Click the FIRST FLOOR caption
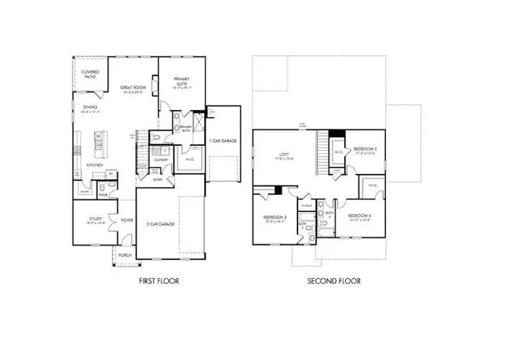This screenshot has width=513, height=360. [x=159, y=281]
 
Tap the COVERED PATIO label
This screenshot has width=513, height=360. [x=90, y=74]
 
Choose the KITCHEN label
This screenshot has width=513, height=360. [x=95, y=165]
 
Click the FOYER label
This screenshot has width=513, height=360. [x=127, y=221]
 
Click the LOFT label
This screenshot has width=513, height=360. [x=283, y=154]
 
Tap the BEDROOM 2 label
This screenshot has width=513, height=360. [x=366, y=149]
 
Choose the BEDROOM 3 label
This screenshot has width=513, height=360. [x=274, y=217]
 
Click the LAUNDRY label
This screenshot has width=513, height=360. [x=161, y=160]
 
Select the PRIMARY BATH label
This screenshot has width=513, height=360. [x=186, y=126]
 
